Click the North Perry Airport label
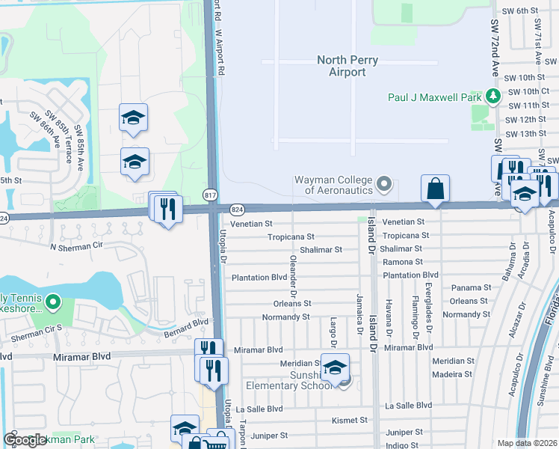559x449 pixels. click(x=348, y=66)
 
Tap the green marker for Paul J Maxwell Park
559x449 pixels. click(x=493, y=96)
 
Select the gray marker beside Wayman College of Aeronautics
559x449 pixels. click(x=384, y=184)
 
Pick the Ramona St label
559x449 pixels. click(x=403, y=263)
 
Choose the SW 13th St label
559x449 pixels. click(x=526, y=133)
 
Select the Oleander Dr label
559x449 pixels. click(x=293, y=278)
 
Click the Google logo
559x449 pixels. click(x=25, y=441)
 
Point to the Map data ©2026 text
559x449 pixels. click(x=527, y=443)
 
